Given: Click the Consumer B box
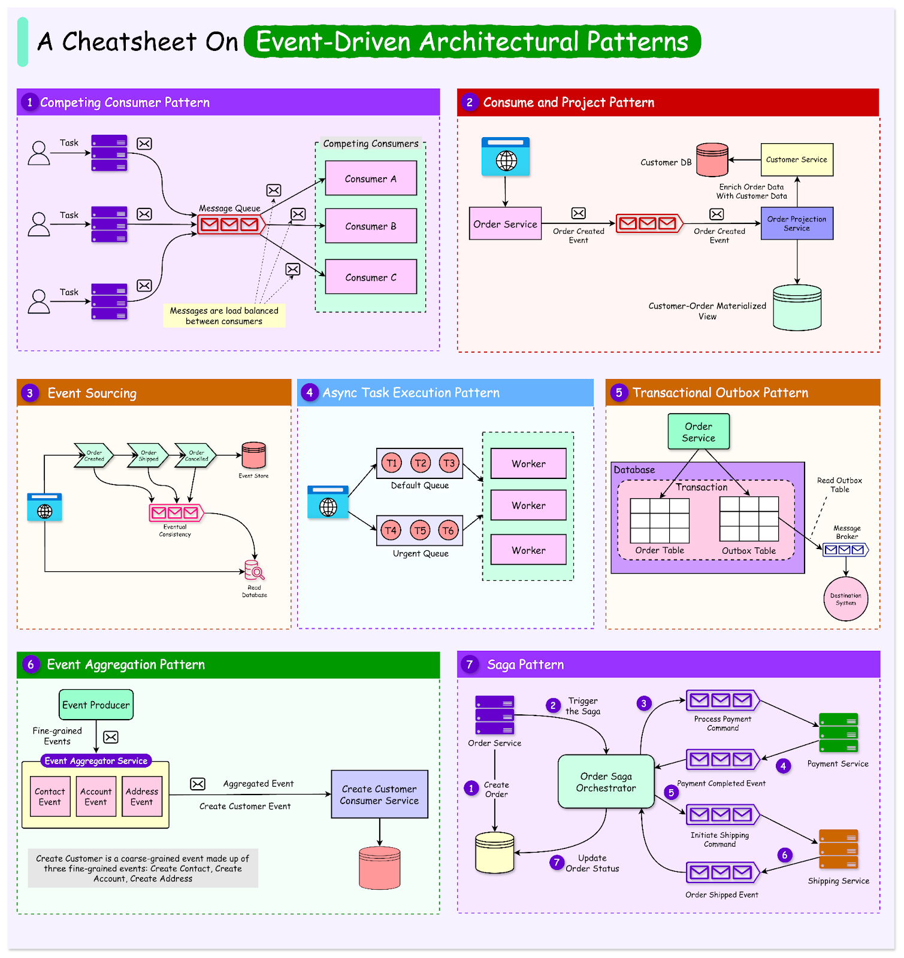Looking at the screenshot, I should (x=371, y=226).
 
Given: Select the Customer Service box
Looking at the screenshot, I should (x=797, y=159).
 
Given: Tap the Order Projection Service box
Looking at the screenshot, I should (x=797, y=223).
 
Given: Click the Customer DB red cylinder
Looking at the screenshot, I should (x=712, y=160).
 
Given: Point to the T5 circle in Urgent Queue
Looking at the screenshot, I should (x=420, y=530).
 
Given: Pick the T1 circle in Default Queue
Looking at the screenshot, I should (x=392, y=463).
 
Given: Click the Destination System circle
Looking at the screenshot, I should (x=845, y=599).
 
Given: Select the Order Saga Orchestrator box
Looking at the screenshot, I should (x=606, y=782).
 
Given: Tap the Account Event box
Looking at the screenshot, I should (x=96, y=796).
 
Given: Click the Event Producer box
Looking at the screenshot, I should (x=96, y=705).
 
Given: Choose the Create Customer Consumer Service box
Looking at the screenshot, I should (x=379, y=795).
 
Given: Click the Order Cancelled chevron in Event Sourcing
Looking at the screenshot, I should (x=195, y=456).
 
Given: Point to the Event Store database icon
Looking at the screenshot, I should (x=253, y=456).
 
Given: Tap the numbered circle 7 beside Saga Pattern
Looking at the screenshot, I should (x=470, y=665).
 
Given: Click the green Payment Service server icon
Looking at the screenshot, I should (x=838, y=732).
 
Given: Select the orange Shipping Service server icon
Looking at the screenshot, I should (x=838, y=849).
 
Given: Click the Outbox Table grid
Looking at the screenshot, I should (x=749, y=519).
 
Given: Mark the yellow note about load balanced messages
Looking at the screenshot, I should (x=224, y=316).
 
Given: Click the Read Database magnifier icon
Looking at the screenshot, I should (x=255, y=571).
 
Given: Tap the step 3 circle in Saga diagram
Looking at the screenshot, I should (x=644, y=704).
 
